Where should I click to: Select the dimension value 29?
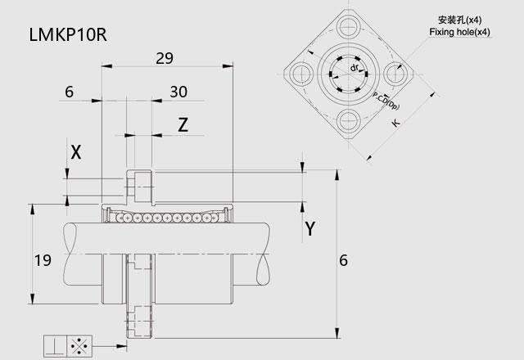[165, 58]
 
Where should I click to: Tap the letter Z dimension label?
[183, 124]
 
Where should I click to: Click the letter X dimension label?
[76, 152]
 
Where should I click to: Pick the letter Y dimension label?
[309, 229]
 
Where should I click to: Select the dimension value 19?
[43, 260]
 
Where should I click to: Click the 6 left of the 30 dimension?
[69, 92]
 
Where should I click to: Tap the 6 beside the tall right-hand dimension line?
[344, 260]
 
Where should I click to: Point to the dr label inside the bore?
[353, 68]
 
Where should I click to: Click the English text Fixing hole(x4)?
[459, 32]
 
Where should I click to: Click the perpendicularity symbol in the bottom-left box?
[54, 346]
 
